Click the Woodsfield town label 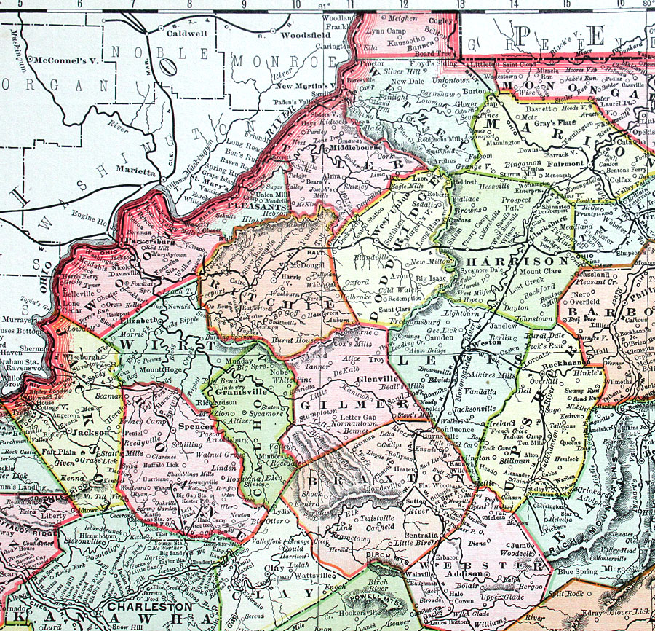coord(305,34)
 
